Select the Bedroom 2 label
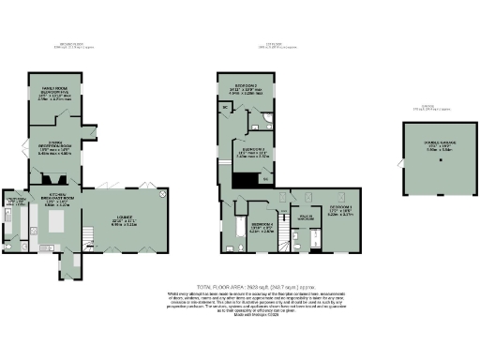point(247,89)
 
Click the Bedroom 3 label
point(249,153)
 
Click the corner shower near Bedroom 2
point(265,118)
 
